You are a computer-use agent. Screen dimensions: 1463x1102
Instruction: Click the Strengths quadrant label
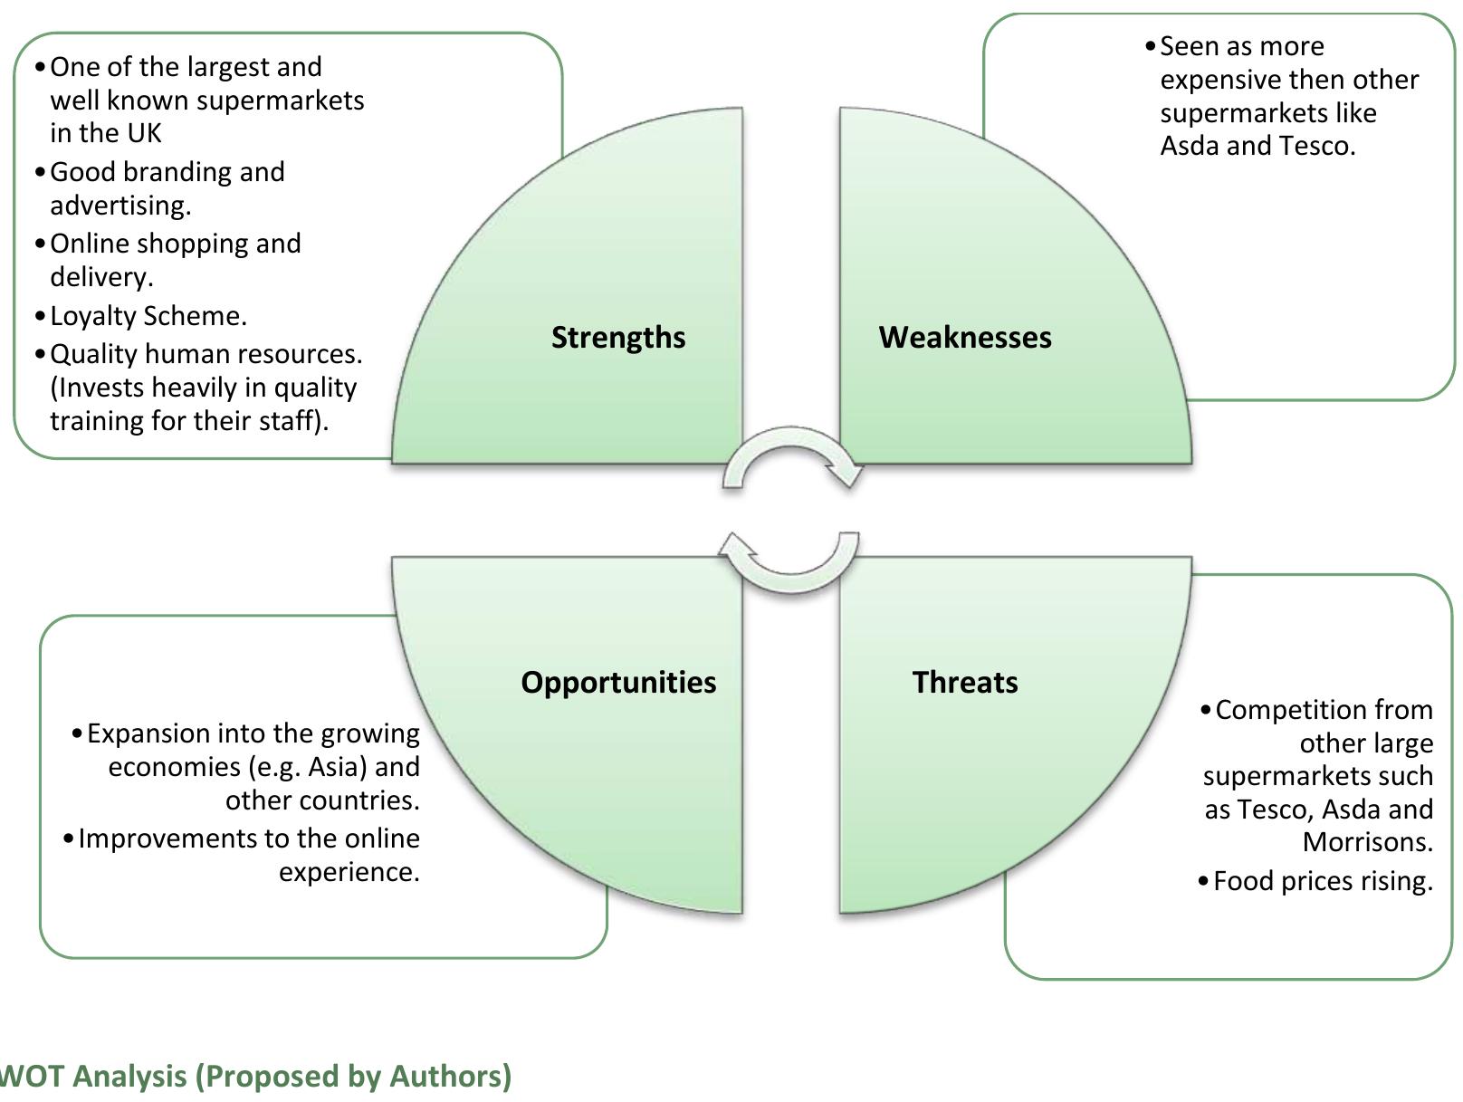617,338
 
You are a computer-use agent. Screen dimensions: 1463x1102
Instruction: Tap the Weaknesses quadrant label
964,337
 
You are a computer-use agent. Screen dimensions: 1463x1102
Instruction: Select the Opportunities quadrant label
618,683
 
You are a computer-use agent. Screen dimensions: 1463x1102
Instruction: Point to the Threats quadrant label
964,682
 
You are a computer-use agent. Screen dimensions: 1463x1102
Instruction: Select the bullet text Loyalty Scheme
148,316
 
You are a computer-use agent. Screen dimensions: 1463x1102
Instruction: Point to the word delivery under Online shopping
101,277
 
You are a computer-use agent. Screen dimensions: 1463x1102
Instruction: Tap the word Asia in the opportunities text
338,767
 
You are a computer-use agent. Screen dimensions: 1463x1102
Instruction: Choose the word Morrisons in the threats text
1367,842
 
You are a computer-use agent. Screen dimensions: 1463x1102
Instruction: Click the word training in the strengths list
96,421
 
